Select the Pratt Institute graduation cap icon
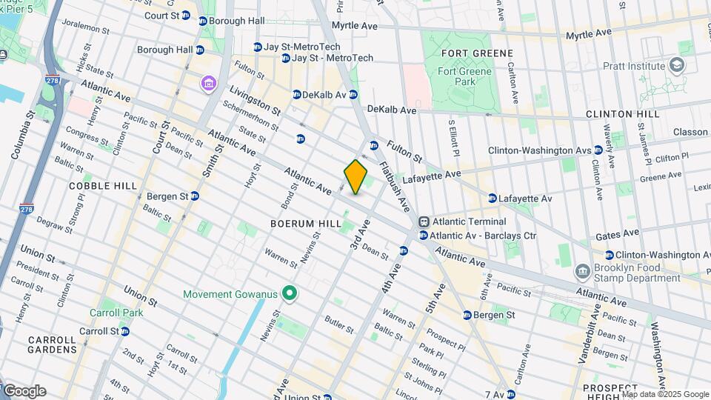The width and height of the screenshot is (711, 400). (677, 66)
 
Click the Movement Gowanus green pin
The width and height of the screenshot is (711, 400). (289, 295)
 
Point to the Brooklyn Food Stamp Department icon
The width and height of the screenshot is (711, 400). (583, 272)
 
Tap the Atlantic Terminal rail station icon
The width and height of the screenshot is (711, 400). (424, 221)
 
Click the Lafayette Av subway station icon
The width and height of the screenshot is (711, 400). (493, 199)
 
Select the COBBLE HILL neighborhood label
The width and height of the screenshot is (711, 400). (100, 186)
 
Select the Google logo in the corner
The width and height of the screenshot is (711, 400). (24, 391)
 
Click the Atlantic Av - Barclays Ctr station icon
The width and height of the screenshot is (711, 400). (423, 236)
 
